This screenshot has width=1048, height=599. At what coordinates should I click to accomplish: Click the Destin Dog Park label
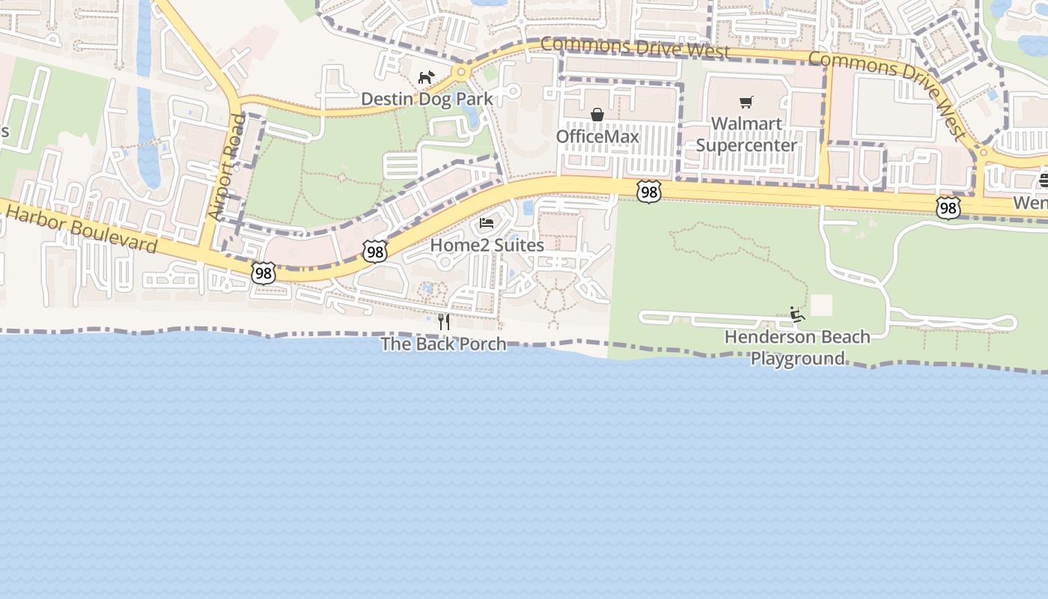pyautogui.click(x=427, y=99)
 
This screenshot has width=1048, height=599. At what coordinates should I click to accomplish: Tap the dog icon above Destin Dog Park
pyautogui.click(x=426, y=77)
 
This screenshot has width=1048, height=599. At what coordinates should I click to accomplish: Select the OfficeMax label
pyautogui.click(x=597, y=136)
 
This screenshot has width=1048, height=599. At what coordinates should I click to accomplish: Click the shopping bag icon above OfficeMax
pyautogui.click(x=597, y=115)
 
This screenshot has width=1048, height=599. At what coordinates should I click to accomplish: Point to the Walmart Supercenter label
pyautogui.click(x=746, y=134)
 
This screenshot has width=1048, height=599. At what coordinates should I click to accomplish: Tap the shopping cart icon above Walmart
pyautogui.click(x=746, y=103)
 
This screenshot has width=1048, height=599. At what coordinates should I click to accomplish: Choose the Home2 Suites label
pyautogui.click(x=487, y=245)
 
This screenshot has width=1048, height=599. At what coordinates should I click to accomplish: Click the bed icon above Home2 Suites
pyautogui.click(x=487, y=223)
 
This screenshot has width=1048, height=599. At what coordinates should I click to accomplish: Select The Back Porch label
pyautogui.click(x=443, y=344)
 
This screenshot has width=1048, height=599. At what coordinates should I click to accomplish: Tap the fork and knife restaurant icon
pyautogui.click(x=444, y=322)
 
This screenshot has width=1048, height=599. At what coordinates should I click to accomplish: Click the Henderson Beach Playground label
pyautogui.click(x=797, y=347)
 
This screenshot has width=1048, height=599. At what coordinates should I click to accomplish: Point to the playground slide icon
pyautogui.click(x=797, y=314)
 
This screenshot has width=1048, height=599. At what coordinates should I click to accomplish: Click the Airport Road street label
pyautogui.click(x=227, y=167)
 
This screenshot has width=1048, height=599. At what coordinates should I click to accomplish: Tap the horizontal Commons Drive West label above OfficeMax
pyautogui.click(x=635, y=48)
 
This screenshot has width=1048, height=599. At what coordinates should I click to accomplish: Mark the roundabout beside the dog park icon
pyautogui.click(x=460, y=73)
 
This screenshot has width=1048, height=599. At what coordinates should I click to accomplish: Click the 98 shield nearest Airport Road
pyautogui.click(x=263, y=273)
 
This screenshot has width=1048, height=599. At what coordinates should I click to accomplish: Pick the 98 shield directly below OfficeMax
pyautogui.click(x=649, y=192)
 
